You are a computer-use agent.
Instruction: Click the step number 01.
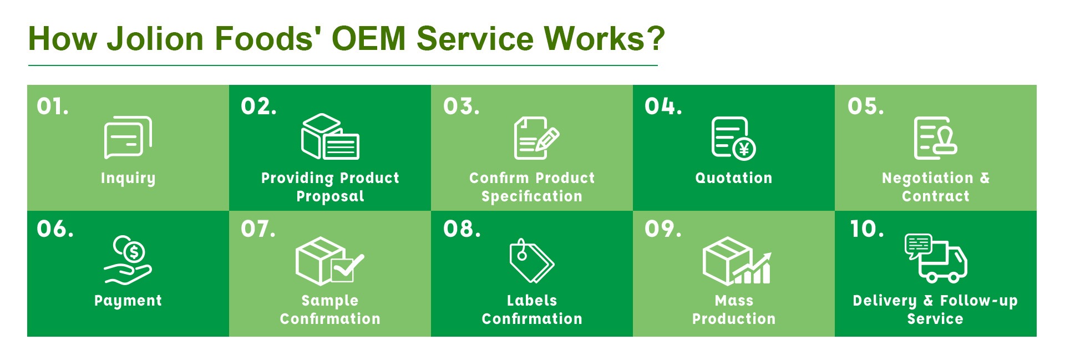[x=53, y=106]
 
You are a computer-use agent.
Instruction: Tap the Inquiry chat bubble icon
[x=128, y=137]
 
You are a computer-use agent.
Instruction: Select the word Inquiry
[x=128, y=178]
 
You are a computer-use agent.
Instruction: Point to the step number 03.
[x=461, y=106]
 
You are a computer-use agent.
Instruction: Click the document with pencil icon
[x=536, y=138]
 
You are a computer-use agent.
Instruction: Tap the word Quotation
[x=733, y=178]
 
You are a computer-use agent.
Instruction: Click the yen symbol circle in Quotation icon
[x=744, y=149]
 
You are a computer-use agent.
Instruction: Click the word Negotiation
[x=927, y=178]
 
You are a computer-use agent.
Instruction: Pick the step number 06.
[x=55, y=229]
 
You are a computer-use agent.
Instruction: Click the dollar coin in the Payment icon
[x=134, y=252]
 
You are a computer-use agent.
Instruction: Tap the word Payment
[x=128, y=301]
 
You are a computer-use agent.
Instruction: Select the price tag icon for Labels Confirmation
[x=531, y=260]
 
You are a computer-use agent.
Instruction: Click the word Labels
[x=531, y=301]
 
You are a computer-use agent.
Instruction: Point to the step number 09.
[x=663, y=229]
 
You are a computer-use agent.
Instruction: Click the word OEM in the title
[x=368, y=39]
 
